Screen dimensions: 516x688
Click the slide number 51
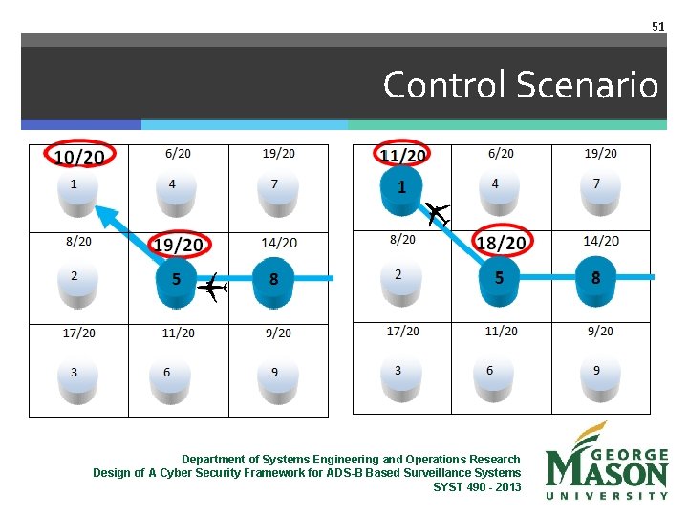pyautogui.click(x=657, y=27)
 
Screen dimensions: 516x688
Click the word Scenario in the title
pyautogui.click(x=587, y=86)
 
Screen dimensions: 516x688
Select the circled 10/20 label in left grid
pyautogui.click(x=79, y=156)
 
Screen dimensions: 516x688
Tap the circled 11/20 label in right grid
pyautogui.click(x=403, y=155)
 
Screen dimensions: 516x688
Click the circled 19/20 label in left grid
pyautogui.click(x=180, y=246)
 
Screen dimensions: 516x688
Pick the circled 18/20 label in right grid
pyautogui.click(x=501, y=244)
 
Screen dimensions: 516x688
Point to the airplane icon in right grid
pyautogui.click(x=438, y=213)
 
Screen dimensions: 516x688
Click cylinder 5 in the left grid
pyautogui.click(x=177, y=281)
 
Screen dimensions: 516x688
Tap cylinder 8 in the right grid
pyautogui.click(x=595, y=280)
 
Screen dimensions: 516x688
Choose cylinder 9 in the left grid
pyautogui.click(x=275, y=374)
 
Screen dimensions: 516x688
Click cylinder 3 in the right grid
pyautogui.click(x=398, y=372)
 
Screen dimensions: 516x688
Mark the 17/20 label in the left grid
pyautogui.click(x=78, y=333)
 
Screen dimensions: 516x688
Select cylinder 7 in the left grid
pyautogui.click(x=275, y=187)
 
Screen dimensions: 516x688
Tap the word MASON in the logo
pyautogui.click(x=607, y=470)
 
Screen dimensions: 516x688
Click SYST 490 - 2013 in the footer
pyautogui.click(x=477, y=486)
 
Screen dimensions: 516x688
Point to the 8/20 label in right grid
pyautogui.click(x=402, y=239)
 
